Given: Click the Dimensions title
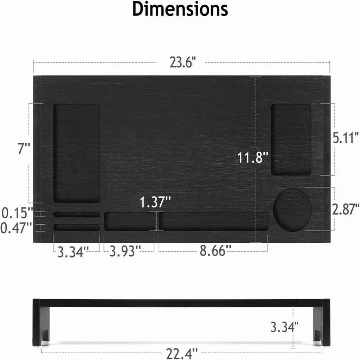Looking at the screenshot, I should pos(180,9).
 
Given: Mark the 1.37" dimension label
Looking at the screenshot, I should pos(155,202).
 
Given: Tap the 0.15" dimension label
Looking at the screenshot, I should pos(17,213).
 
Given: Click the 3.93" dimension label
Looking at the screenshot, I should pos(125,251).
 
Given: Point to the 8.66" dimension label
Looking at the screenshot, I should pos(216,251).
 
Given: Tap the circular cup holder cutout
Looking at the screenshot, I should pos(292,210).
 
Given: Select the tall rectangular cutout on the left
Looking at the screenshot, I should pos(77,153).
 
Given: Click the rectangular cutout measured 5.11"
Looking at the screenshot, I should pos(291,140).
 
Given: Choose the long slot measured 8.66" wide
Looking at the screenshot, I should pos(213,221).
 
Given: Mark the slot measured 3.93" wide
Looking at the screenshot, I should pos(129,221).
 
